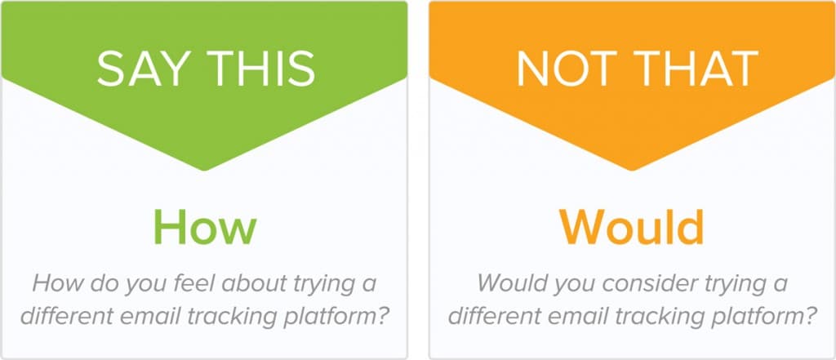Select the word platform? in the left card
[x=346, y=315]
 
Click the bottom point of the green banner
[x=204, y=170]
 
